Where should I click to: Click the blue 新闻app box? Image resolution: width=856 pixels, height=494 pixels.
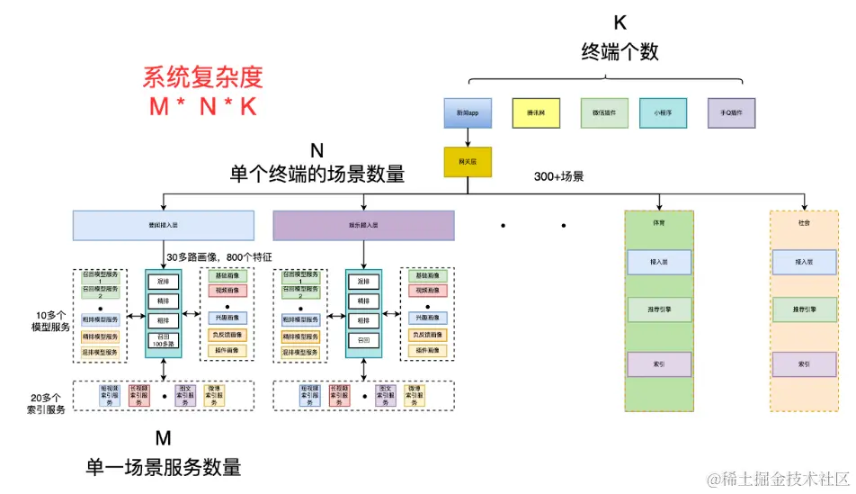point(468,113)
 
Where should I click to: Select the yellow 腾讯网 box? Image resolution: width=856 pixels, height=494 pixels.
point(536,113)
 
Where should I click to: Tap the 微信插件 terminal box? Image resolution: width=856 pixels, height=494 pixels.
point(604,113)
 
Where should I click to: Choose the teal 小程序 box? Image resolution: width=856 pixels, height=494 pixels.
point(664,113)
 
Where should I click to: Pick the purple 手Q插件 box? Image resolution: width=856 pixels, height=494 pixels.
point(731,113)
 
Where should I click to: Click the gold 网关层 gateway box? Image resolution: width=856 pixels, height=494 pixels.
point(468,161)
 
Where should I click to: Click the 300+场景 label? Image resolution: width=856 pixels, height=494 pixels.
point(558,176)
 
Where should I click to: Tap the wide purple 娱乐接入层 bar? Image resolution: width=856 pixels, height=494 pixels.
point(363,225)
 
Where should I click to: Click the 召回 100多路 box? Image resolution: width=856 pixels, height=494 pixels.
point(164,341)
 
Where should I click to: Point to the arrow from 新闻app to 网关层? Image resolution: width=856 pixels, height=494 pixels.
point(468,137)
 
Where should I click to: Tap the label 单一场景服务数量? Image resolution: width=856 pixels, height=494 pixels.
point(164,468)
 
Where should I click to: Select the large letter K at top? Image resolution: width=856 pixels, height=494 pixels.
point(620,22)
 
